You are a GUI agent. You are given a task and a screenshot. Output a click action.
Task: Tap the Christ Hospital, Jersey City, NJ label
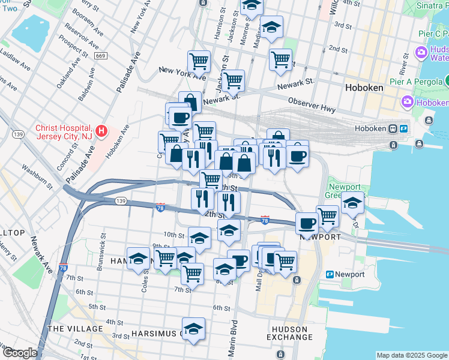(x=64, y=132)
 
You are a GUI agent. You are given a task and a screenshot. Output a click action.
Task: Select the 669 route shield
(x=100, y=56)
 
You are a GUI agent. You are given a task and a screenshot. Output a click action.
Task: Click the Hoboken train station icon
(x=393, y=128)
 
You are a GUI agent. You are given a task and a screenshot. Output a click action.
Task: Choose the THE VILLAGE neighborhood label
(x=75, y=329)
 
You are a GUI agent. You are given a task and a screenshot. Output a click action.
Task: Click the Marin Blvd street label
(x=232, y=335)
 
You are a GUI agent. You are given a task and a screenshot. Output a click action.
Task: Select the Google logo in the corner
(x=20, y=353)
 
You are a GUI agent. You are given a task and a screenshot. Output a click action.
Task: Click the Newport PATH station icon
(x=330, y=274)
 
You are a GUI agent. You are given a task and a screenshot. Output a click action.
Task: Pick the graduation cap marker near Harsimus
(x=193, y=329)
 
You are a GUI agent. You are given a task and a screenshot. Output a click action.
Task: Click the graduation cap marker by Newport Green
(x=353, y=204)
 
